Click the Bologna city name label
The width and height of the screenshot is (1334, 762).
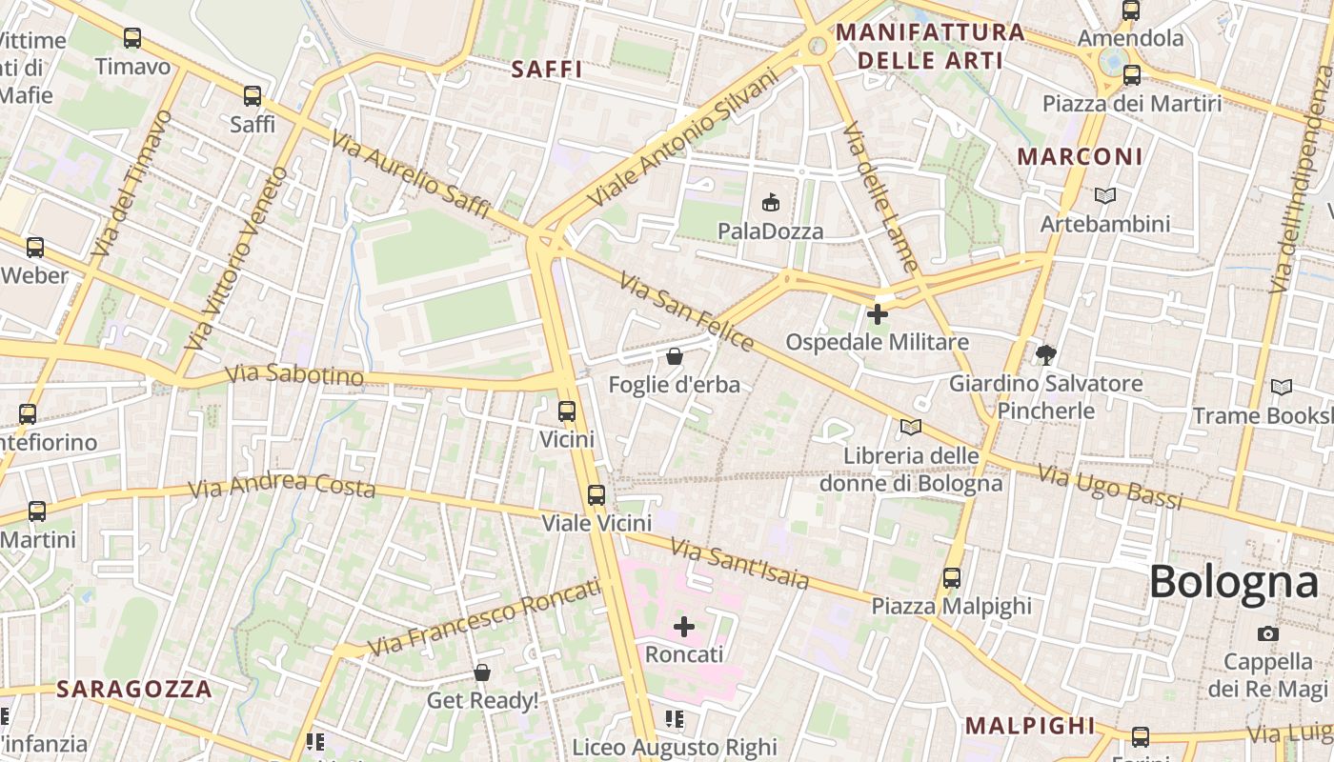[1234, 581]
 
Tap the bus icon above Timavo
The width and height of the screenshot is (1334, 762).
[132, 38]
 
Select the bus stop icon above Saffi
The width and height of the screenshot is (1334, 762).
[253, 96]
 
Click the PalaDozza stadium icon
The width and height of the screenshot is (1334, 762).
[770, 202]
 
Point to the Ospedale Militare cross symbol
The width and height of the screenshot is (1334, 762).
[878, 313]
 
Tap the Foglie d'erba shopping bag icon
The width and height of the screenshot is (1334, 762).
[675, 357]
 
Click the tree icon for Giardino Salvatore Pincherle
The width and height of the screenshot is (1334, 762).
[1046, 355]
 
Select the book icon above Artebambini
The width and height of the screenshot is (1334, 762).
[1105, 195]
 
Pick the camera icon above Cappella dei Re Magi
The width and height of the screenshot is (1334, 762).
[1267, 633]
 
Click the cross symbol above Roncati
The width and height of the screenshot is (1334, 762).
[684, 626]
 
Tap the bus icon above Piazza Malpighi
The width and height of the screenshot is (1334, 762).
[951, 577]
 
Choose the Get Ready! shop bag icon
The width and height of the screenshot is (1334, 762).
[482, 672]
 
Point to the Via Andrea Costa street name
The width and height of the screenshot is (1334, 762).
[282, 486]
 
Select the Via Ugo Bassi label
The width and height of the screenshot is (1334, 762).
[1109, 487]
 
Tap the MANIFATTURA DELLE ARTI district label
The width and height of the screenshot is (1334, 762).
[930, 47]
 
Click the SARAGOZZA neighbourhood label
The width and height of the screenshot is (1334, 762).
[133, 689]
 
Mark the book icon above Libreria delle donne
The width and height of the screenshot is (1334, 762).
[911, 427]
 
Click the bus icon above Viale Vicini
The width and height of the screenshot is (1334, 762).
[596, 494]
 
